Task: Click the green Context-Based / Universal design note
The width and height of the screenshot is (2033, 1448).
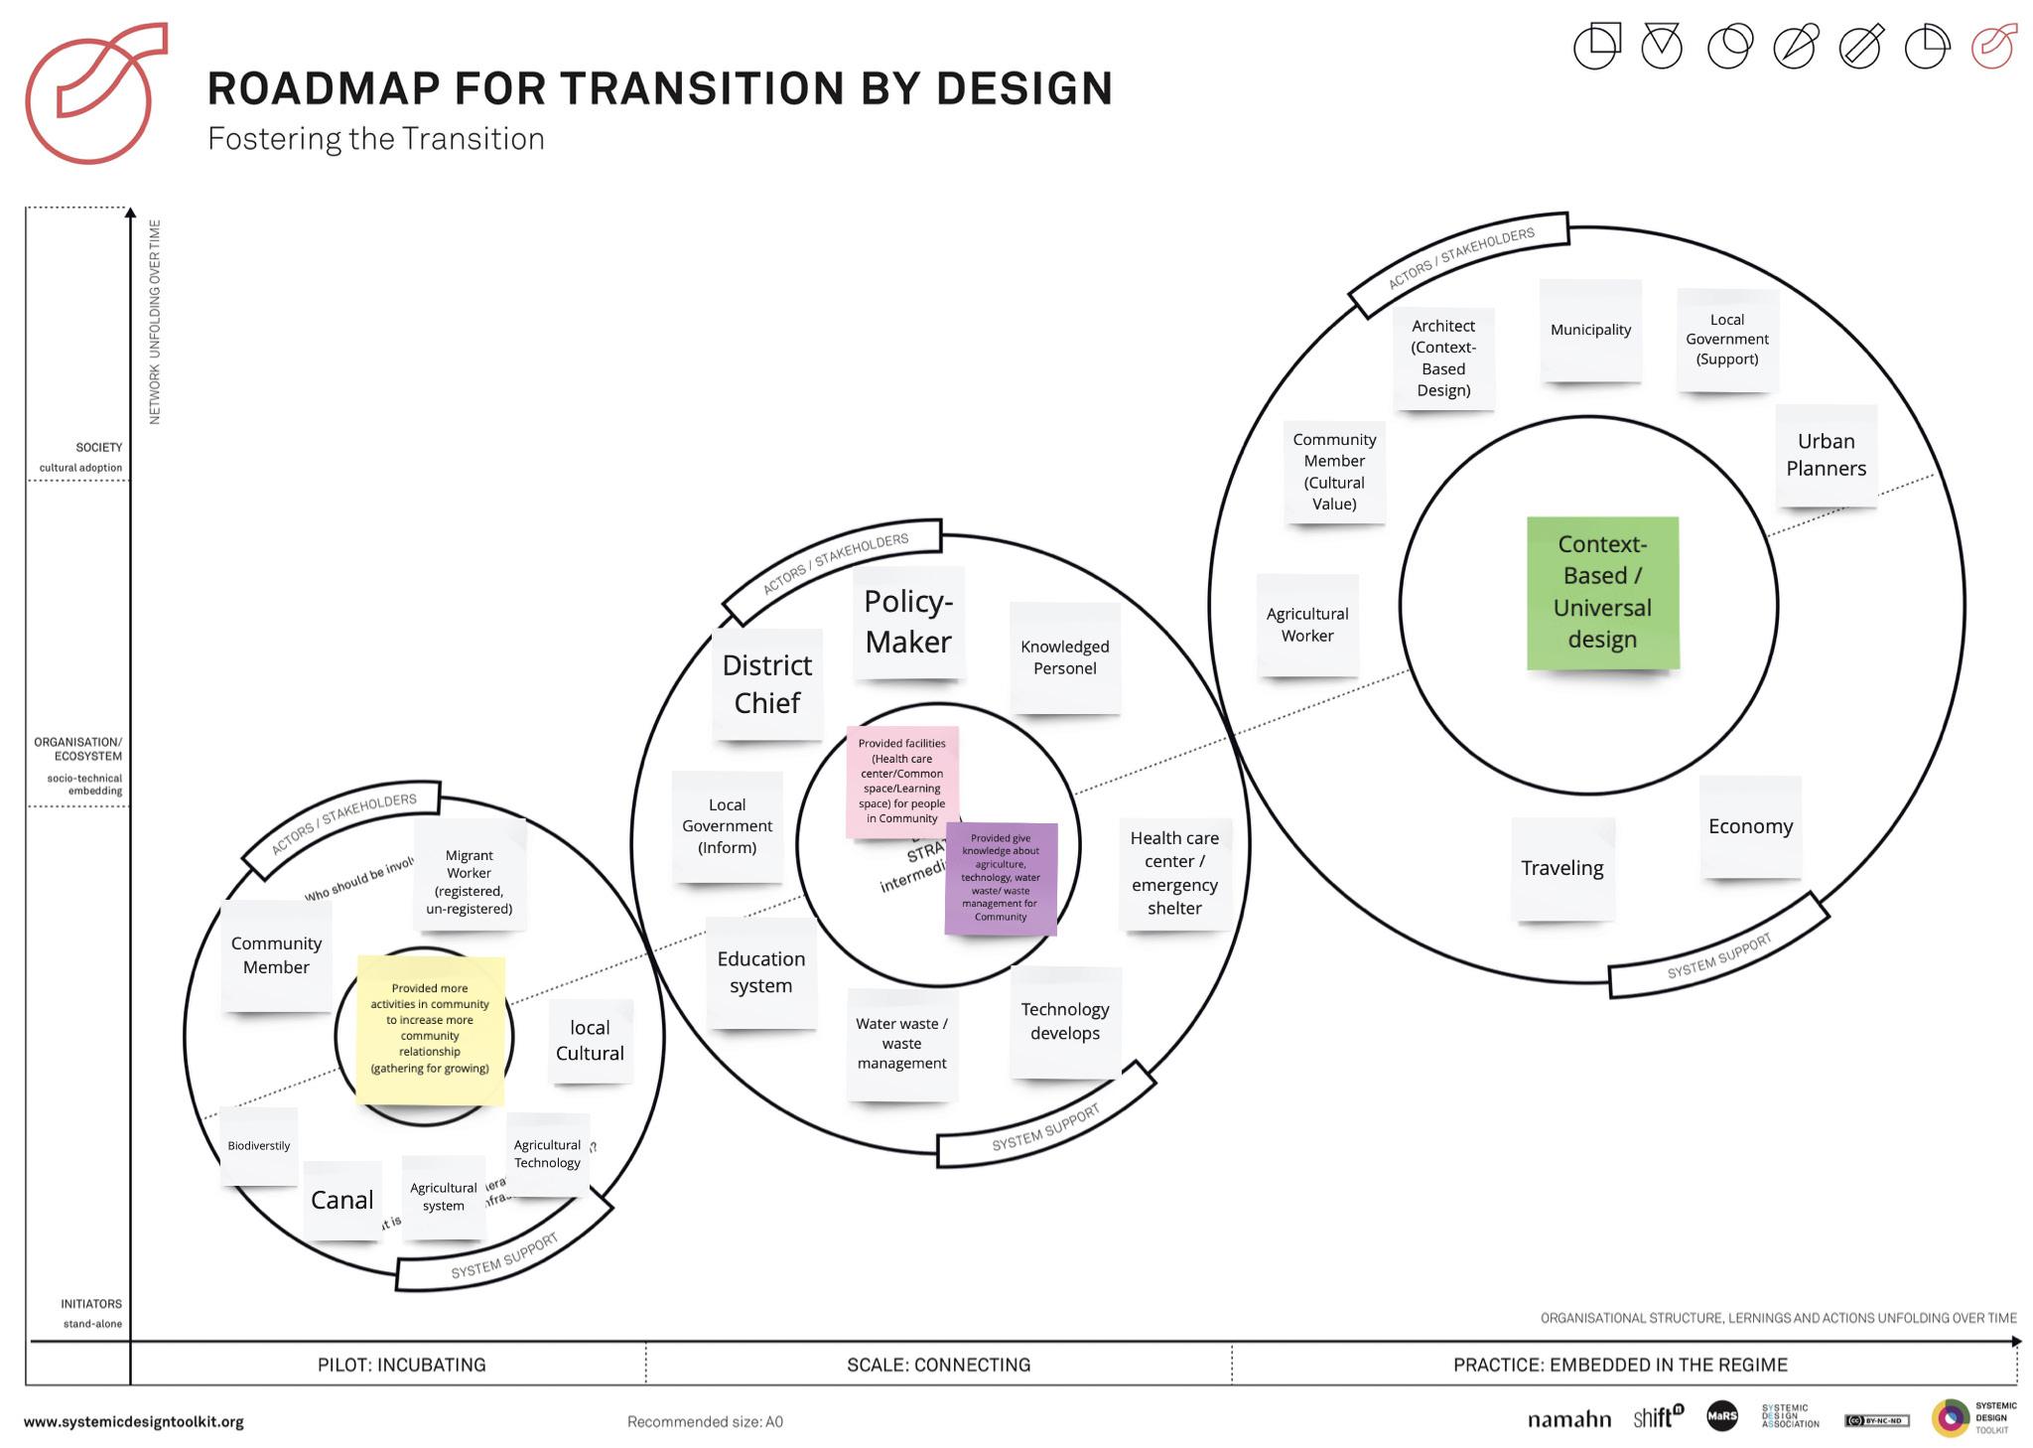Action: pos(1602,592)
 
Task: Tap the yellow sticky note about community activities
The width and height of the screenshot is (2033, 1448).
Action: pos(430,1029)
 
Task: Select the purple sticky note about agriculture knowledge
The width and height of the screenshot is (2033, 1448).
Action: pos(1001,878)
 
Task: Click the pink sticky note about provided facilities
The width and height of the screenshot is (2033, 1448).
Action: pos(901,781)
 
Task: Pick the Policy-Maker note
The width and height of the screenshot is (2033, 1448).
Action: pos(908,622)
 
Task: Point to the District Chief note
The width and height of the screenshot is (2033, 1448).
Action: pos(766,683)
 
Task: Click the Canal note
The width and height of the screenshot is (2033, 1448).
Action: pos(341,1200)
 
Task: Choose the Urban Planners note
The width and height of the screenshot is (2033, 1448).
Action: pos(1826,455)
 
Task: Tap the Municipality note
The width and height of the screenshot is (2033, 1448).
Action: pos(1590,330)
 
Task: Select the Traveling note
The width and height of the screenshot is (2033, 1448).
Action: pos(1561,868)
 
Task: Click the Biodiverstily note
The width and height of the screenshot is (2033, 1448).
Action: pos(258,1146)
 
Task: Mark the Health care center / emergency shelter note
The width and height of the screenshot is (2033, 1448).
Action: pos(1174,873)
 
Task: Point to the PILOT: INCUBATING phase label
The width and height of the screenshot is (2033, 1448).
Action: pos(401,1365)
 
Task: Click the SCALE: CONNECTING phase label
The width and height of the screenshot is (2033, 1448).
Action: pos(938,1365)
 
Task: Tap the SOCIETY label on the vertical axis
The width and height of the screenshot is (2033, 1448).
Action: pos(99,448)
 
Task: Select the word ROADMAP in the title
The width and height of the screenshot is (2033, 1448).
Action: pos(323,88)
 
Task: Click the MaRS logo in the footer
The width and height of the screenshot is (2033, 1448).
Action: pos(1722,1417)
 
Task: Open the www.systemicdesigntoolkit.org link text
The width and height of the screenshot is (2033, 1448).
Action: pos(133,1422)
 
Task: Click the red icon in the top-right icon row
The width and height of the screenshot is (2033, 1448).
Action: pos(1993,47)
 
